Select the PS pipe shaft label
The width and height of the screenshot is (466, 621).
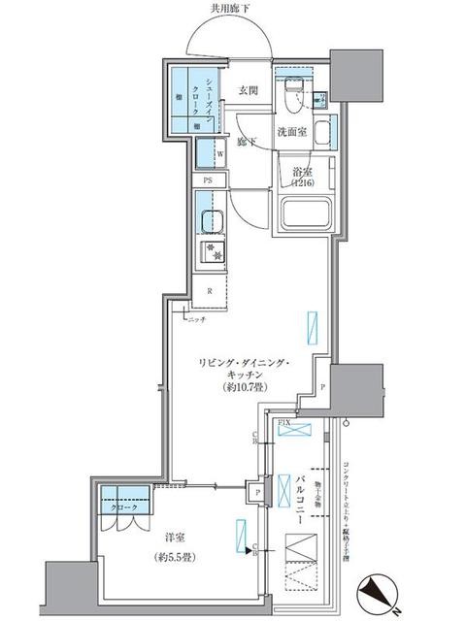tap(208, 181)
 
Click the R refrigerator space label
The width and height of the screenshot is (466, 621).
tap(210, 289)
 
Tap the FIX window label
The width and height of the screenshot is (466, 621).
tap(285, 424)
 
